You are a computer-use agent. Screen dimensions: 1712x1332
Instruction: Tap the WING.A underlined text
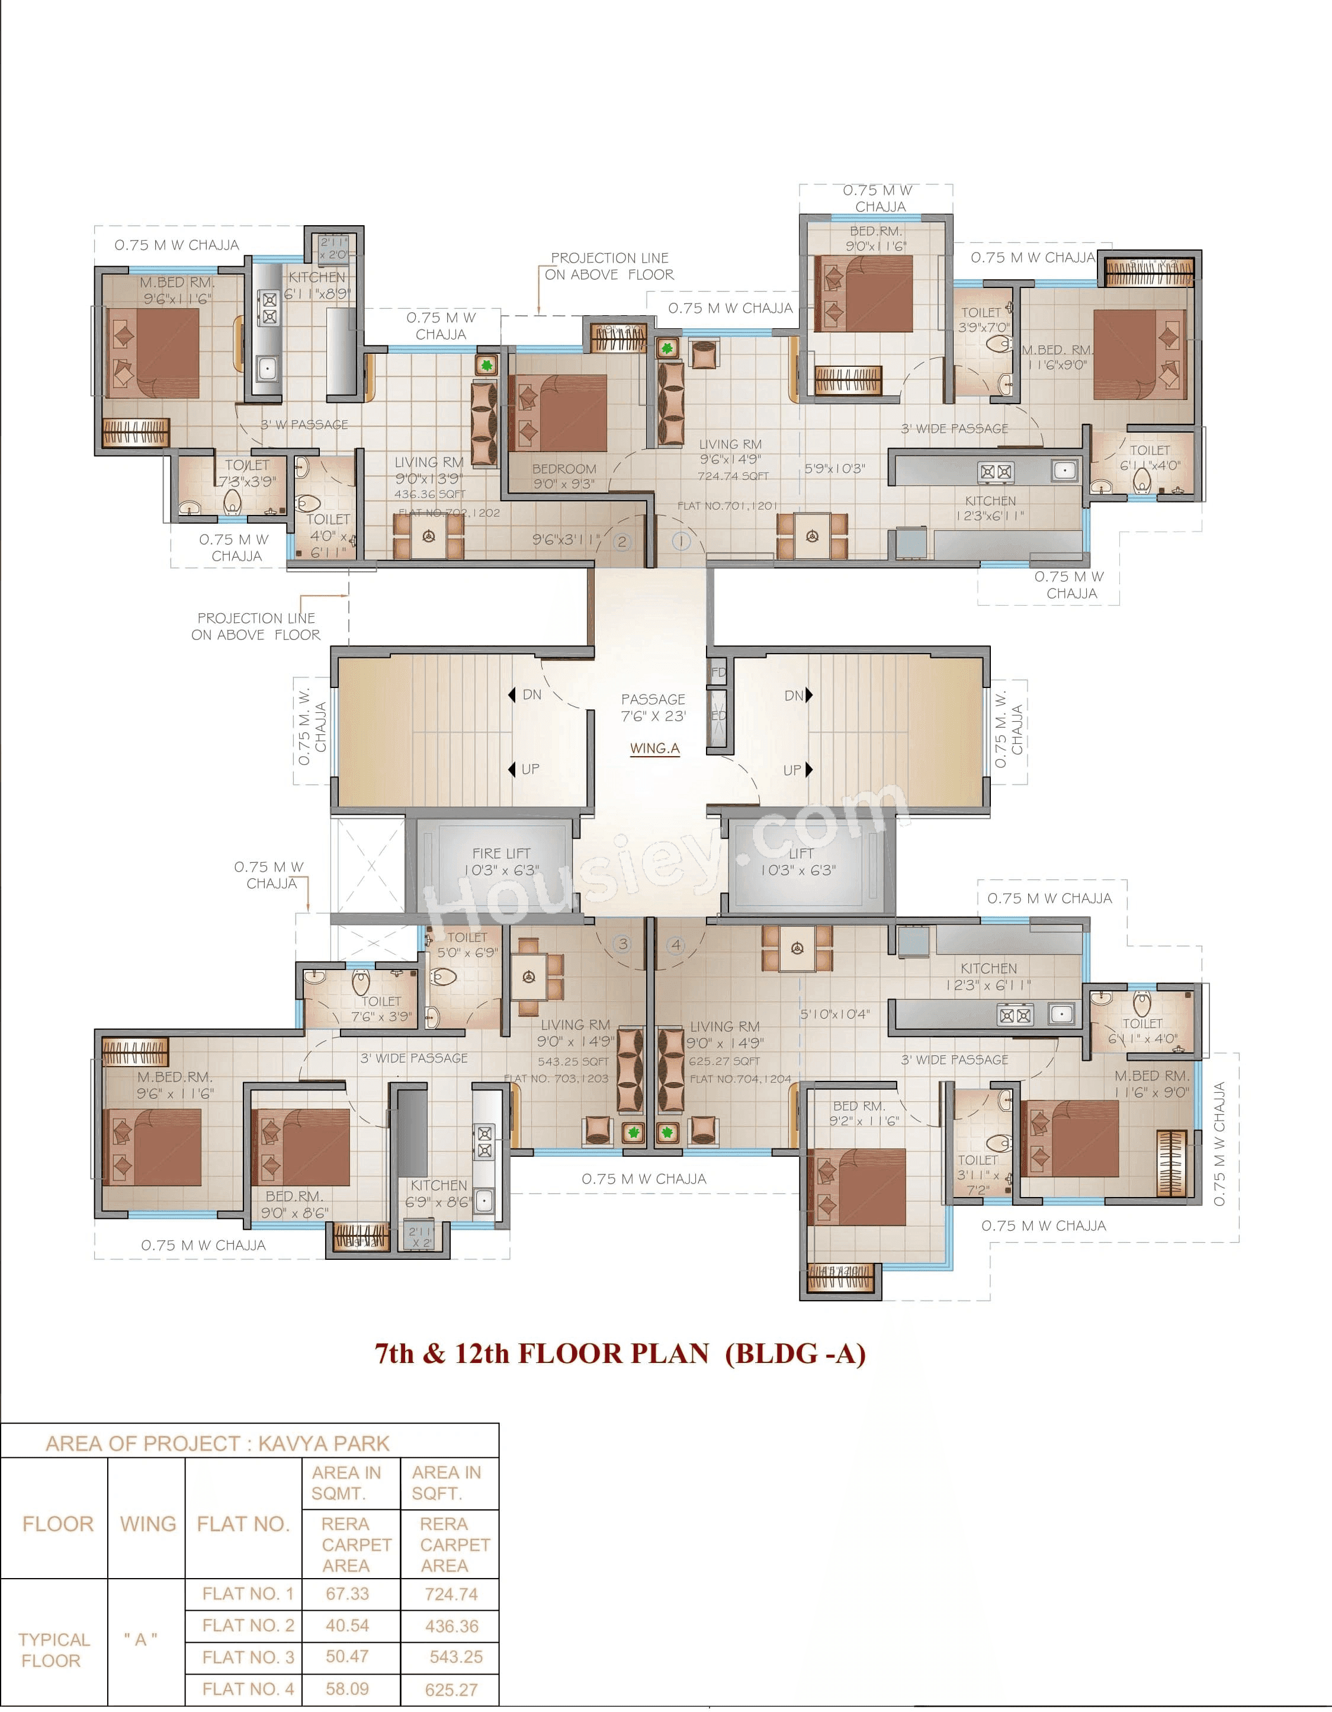click(x=654, y=748)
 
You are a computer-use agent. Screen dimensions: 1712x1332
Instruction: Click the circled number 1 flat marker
click(x=681, y=541)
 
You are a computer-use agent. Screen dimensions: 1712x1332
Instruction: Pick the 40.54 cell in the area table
click(x=347, y=1625)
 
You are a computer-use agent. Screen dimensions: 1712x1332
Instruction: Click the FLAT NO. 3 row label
click(x=248, y=1656)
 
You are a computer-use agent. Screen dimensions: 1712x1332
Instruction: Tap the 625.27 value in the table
click(x=451, y=1689)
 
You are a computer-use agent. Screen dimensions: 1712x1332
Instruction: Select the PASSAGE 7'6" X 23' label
click(x=653, y=707)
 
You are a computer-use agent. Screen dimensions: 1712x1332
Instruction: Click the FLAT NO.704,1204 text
click(x=740, y=1079)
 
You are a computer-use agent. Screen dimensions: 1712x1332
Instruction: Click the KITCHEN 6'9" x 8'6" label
click(x=438, y=1193)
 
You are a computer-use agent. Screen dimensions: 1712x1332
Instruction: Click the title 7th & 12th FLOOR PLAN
click(x=620, y=1353)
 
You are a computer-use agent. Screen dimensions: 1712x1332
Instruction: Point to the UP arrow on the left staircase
click(x=512, y=769)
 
